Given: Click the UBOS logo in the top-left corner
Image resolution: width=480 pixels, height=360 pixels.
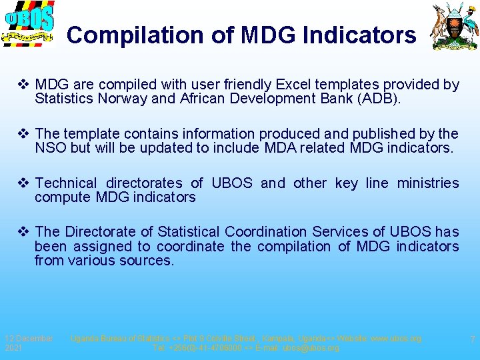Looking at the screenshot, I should tap(28, 25).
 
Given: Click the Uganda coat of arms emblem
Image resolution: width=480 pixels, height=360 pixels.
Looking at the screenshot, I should tap(455, 27).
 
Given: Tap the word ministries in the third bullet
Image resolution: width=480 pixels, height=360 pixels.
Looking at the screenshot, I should tap(428, 183).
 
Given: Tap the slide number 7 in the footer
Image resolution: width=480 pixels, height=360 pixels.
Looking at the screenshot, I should tap(472, 340).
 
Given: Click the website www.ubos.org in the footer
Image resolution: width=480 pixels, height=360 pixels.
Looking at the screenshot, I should tap(396, 339).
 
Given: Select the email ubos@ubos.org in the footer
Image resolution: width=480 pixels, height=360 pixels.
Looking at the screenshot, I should tap(311, 348).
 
